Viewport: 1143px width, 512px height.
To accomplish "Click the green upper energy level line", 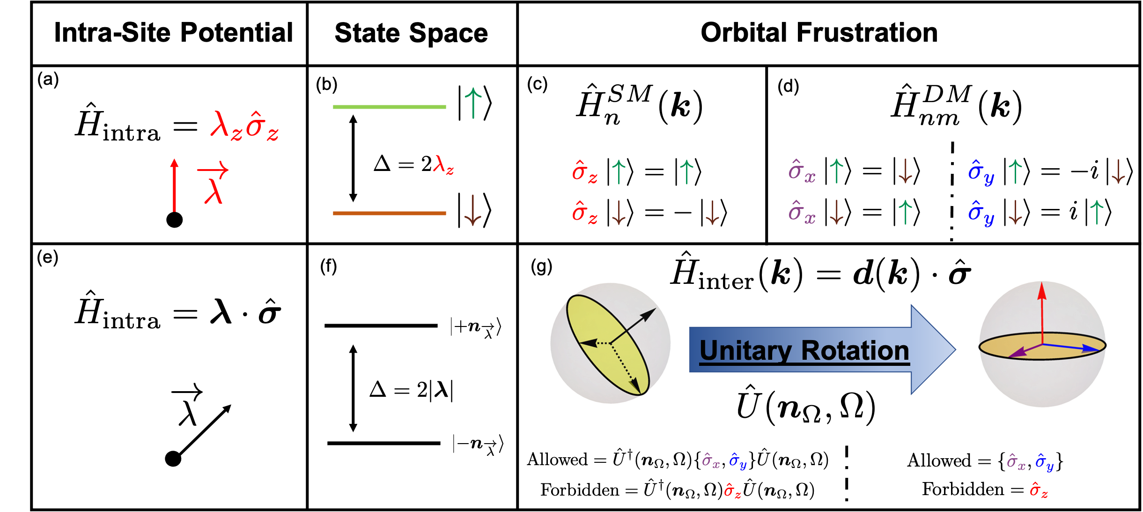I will pos(389,107).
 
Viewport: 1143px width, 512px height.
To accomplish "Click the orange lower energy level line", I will pos(389,214).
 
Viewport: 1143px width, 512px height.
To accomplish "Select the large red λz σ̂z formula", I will pos(244,126).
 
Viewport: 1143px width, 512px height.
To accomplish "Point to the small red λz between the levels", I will pos(443,165).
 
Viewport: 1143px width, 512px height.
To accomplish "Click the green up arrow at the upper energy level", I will pos(473,103).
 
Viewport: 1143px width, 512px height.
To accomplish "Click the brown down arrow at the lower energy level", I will pos(473,211).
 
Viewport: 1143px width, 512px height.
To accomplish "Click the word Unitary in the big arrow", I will pos(745,350).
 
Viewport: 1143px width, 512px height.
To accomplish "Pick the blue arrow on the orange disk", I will pos(1072,347).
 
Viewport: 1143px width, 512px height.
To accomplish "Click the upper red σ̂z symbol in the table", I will pos(584,171).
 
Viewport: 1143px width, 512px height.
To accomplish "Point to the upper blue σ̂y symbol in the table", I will pos(981,172).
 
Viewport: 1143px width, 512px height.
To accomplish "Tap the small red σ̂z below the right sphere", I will pos(1039,490).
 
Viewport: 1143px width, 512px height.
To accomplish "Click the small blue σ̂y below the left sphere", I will pos(737,461).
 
